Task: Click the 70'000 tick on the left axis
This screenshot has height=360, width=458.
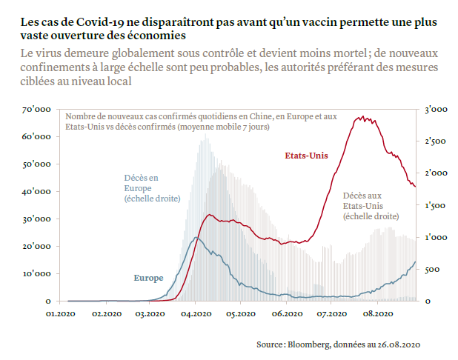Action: coord(36,110)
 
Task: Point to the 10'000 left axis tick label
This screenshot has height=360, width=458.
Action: coord(36,274)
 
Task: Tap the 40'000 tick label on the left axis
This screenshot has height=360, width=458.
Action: coord(36,192)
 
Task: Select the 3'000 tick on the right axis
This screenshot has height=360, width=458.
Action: coord(435,110)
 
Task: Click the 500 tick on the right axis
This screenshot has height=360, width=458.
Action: coord(431,270)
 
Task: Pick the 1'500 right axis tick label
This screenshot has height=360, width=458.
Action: coord(435,205)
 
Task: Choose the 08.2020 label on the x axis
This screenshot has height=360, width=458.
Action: coord(376,313)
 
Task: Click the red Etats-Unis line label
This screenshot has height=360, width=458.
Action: coord(306,156)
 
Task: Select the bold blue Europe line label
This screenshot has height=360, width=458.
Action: coord(148,278)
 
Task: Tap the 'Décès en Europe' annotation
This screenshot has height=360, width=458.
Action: coord(141,187)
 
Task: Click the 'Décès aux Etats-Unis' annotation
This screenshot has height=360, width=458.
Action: coord(371,205)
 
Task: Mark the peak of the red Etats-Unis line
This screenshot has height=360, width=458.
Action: coord(361,116)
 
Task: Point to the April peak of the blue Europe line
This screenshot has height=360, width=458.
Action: coord(195,238)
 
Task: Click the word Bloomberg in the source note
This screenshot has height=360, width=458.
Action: coord(308,344)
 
